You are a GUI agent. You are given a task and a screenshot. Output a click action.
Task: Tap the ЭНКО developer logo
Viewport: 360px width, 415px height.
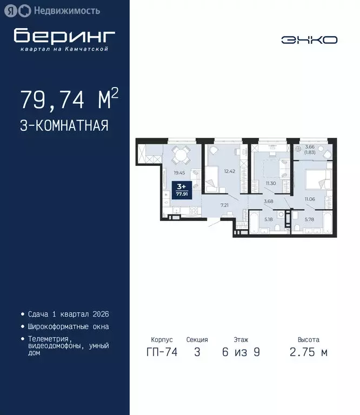tap(309, 40)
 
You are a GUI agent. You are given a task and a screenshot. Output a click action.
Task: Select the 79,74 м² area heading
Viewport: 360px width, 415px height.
tap(69, 100)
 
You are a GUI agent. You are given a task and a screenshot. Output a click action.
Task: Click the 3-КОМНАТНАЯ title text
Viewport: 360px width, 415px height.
tap(64, 126)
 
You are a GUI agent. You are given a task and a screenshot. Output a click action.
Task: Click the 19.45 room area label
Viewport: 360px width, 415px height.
tap(179, 173)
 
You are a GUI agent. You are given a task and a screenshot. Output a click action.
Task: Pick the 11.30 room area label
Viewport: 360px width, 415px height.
tap(271, 183)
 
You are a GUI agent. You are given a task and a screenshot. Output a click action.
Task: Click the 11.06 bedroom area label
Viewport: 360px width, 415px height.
tap(309, 200)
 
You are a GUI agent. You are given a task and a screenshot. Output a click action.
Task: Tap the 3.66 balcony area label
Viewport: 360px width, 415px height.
tap(310, 149)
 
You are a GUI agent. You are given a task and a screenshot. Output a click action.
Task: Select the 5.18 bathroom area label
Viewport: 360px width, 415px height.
tap(269, 219)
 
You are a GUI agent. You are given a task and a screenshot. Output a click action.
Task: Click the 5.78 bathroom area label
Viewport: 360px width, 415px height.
tap(309, 219)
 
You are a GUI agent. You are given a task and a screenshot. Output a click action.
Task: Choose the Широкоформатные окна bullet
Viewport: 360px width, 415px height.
tap(68, 326)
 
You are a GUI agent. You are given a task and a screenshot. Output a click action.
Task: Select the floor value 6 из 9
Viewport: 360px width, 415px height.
tap(241, 353)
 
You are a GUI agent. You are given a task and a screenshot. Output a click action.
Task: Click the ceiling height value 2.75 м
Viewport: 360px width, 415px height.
tap(308, 353)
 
